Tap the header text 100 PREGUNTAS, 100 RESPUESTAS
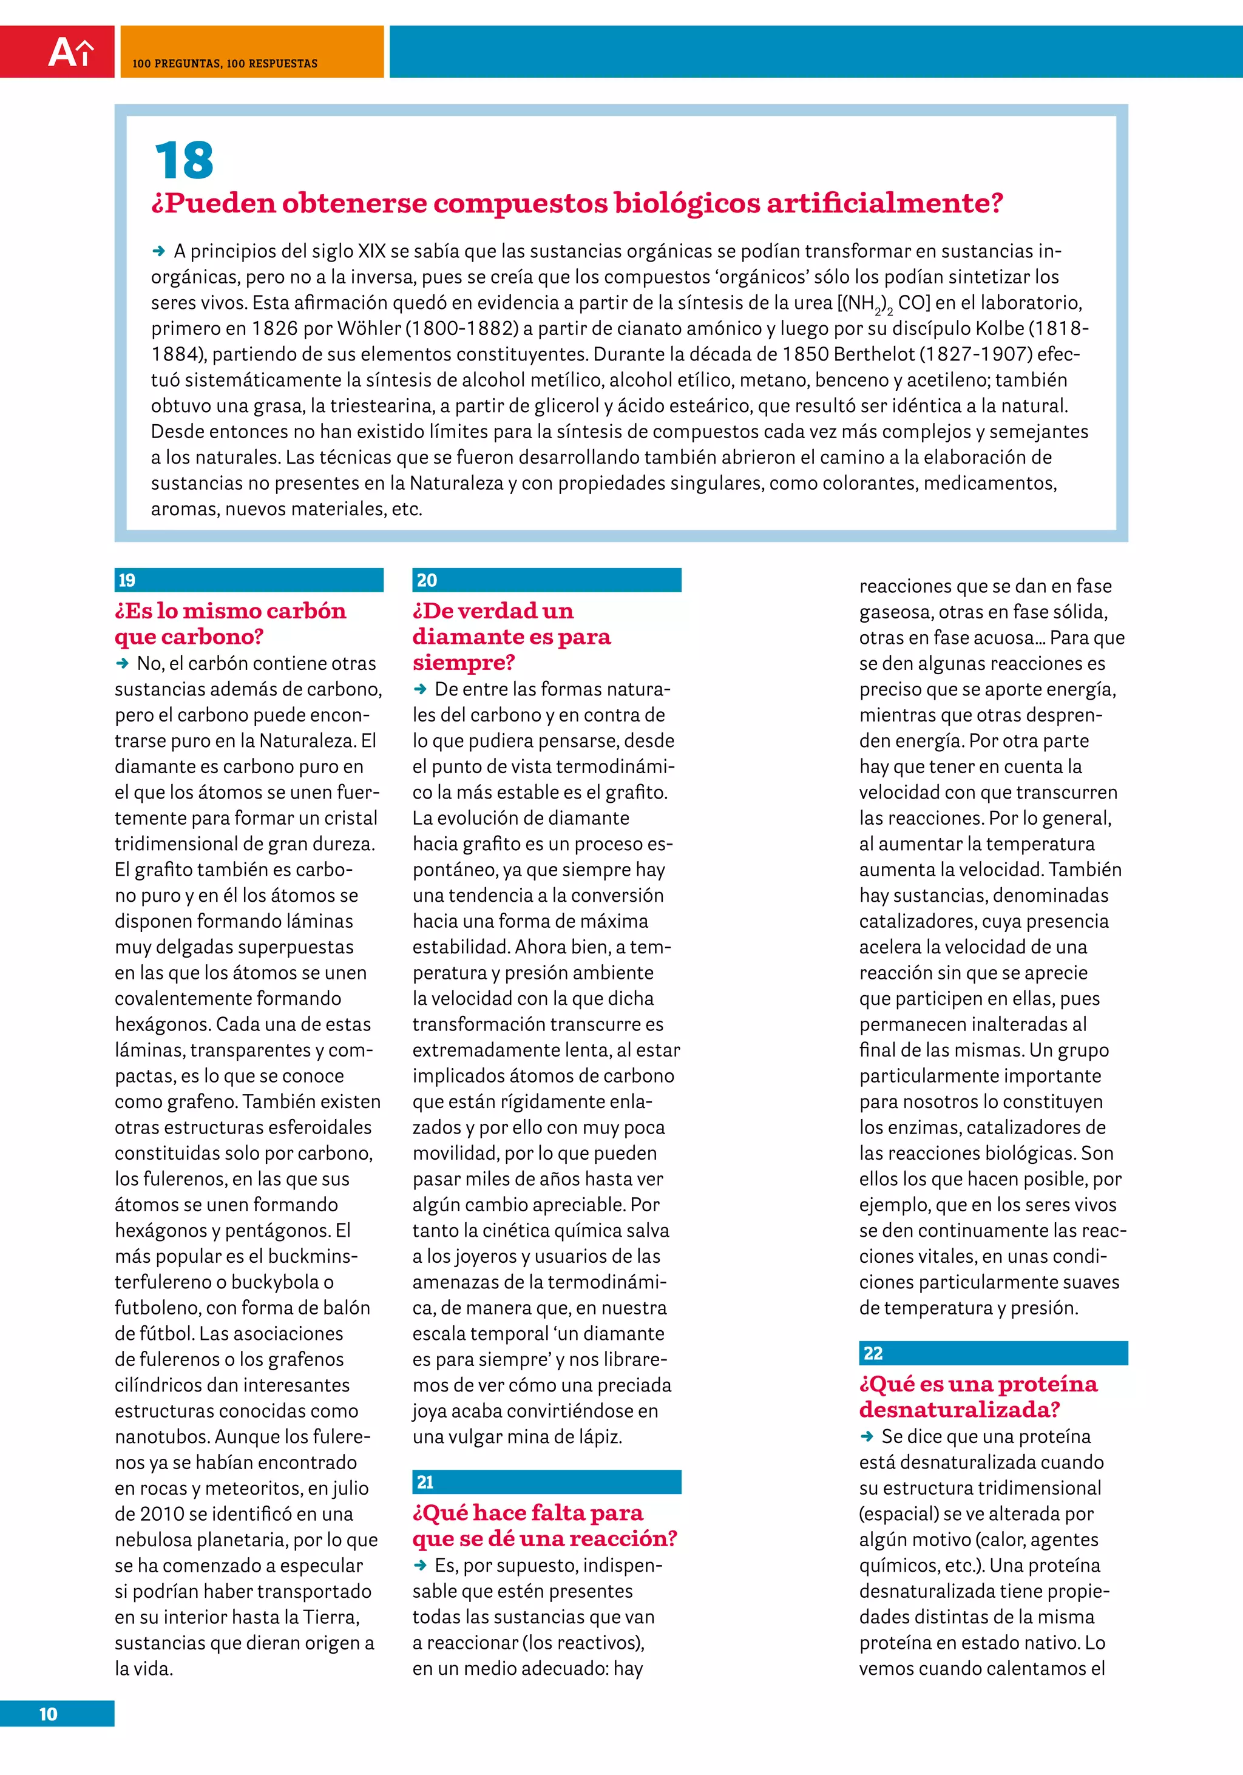[225, 63]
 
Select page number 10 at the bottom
[48, 1714]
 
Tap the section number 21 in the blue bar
[425, 1482]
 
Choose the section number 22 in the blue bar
[873, 1353]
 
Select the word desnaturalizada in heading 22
[958, 1410]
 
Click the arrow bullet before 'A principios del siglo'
[159, 251]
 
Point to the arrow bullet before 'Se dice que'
[867, 1436]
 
